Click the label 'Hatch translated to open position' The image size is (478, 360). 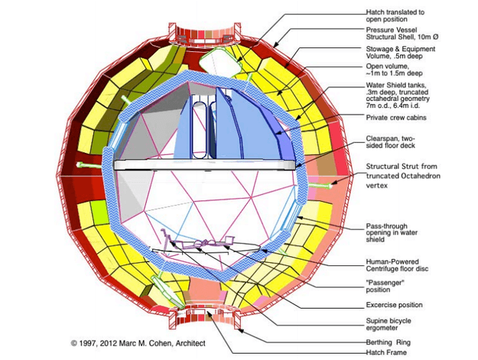[x=395, y=16]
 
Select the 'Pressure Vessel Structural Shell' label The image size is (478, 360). [x=402, y=33]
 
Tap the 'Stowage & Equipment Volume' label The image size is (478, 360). [x=401, y=53]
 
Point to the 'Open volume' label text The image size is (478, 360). [x=394, y=70]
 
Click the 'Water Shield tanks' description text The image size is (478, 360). [x=398, y=96]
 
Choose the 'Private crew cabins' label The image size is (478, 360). [x=396, y=118]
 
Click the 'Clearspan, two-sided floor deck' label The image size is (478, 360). [x=391, y=142]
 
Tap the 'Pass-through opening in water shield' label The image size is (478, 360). [x=392, y=232]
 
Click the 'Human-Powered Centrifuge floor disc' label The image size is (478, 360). [x=397, y=265]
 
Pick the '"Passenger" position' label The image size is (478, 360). [x=385, y=286]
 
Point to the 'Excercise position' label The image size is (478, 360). [x=394, y=305]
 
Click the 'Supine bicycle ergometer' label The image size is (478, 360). [x=389, y=324]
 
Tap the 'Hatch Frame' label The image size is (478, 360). [x=386, y=352]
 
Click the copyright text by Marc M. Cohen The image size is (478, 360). [x=138, y=343]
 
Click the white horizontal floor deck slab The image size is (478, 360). [x=204, y=165]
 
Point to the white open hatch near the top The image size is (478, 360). [x=219, y=63]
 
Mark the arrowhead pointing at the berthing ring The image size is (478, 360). [x=239, y=330]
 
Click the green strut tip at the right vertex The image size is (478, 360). [x=330, y=185]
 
